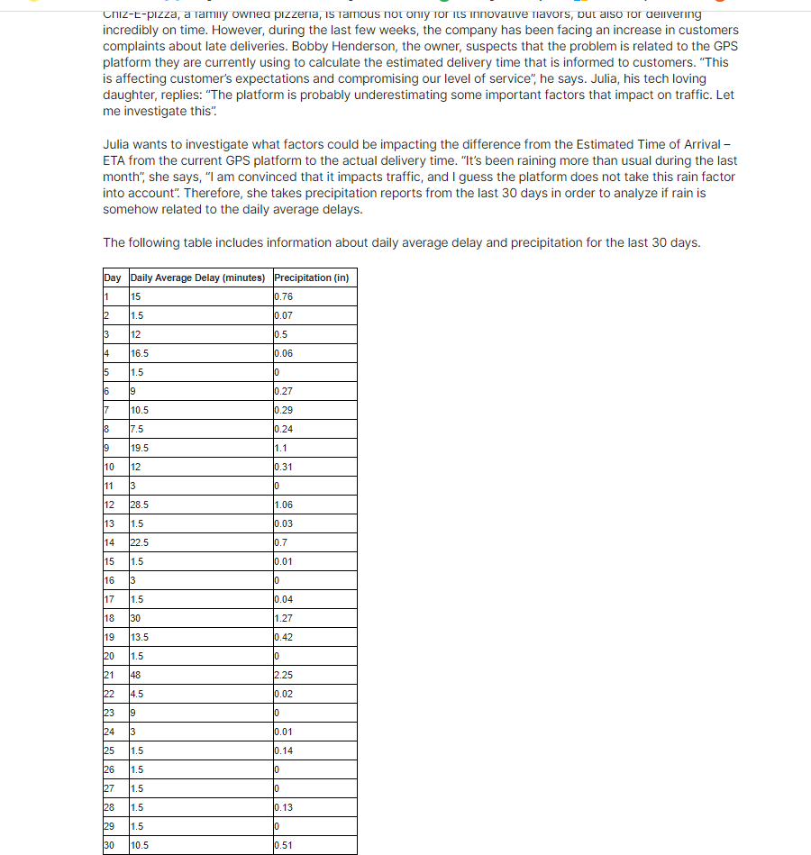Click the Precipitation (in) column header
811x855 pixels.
pos(311,277)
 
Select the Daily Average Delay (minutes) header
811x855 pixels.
pos(198,277)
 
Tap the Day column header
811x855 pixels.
pos(113,277)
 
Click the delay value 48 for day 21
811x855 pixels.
pos(137,675)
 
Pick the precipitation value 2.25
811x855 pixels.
pos(283,675)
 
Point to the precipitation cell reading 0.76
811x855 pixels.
pos(283,296)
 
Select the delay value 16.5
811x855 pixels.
pos(140,353)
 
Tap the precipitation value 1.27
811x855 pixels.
pos(283,618)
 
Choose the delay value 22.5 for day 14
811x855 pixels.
pos(140,542)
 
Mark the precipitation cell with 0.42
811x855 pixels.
pos(283,637)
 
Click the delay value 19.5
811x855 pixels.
pos(140,448)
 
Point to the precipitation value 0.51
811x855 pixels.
pos(283,845)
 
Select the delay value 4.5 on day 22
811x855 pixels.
pos(138,694)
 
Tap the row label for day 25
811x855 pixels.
pos(109,750)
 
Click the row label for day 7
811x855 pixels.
pos(106,410)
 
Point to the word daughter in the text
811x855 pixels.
pos(130,95)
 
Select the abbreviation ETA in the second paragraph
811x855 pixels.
pos(117,159)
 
